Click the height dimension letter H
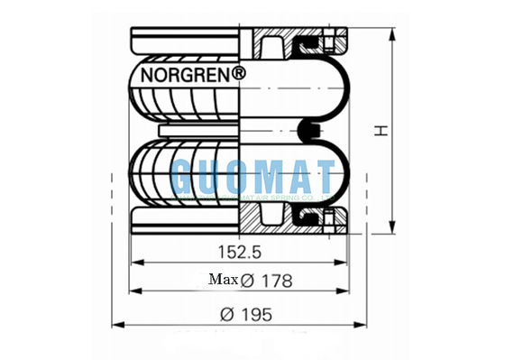[382, 132]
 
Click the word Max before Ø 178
[223, 281]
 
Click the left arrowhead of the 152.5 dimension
[136, 263]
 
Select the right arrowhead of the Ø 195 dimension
[367, 326]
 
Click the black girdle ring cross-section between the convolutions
[309, 133]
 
